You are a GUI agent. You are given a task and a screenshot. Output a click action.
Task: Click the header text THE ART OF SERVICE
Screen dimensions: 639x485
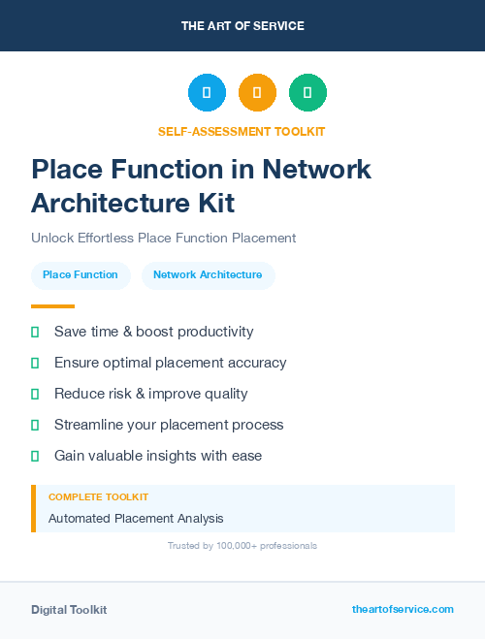[242, 26]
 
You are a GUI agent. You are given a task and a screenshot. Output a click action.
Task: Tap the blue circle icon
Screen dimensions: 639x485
[207, 92]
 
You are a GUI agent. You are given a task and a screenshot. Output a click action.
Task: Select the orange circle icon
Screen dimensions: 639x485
[257, 92]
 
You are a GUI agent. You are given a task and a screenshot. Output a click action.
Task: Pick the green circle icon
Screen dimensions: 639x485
[307, 92]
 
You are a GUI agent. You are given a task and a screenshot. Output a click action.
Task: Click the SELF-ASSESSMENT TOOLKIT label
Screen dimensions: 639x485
[242, 131]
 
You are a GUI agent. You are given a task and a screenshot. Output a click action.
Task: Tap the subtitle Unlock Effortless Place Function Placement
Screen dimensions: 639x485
[163, 238]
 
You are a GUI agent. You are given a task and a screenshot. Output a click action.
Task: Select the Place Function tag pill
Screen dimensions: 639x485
[81, 275]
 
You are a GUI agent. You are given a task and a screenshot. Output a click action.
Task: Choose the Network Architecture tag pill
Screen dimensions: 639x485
[208, 275]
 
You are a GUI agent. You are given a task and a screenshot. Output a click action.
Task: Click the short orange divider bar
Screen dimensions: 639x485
[52, 306]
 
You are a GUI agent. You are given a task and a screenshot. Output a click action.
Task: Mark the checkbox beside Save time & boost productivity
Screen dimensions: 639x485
[35, 332]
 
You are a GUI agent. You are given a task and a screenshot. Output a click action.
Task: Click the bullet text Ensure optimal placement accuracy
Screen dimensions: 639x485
[170, 363]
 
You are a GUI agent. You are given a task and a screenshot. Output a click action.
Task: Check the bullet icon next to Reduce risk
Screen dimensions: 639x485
[35, 394]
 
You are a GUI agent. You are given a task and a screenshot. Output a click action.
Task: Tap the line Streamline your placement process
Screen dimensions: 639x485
[169, 425]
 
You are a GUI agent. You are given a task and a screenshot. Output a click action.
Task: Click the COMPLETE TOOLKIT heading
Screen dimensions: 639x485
[98, 497]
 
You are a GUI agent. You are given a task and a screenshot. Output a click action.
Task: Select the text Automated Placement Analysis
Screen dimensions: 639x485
[136, 519]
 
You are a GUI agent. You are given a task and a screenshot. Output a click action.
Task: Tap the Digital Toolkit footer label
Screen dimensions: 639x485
[69, 610]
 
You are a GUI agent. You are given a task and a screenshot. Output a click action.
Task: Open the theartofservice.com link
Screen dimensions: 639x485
[403, 609]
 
